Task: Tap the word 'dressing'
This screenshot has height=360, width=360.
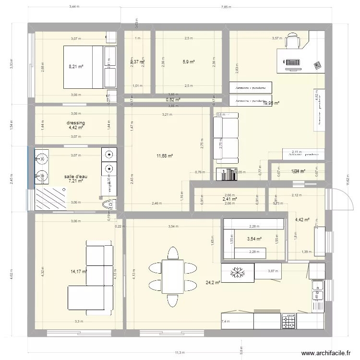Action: click(76, 123)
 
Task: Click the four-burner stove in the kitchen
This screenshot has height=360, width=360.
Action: click(288, 321)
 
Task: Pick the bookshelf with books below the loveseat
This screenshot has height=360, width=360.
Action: click(227, 174)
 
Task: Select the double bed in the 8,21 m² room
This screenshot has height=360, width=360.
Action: click(84, 67)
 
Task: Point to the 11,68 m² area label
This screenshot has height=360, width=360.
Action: click(165, 156)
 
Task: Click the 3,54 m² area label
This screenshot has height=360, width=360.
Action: click(254, 239)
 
